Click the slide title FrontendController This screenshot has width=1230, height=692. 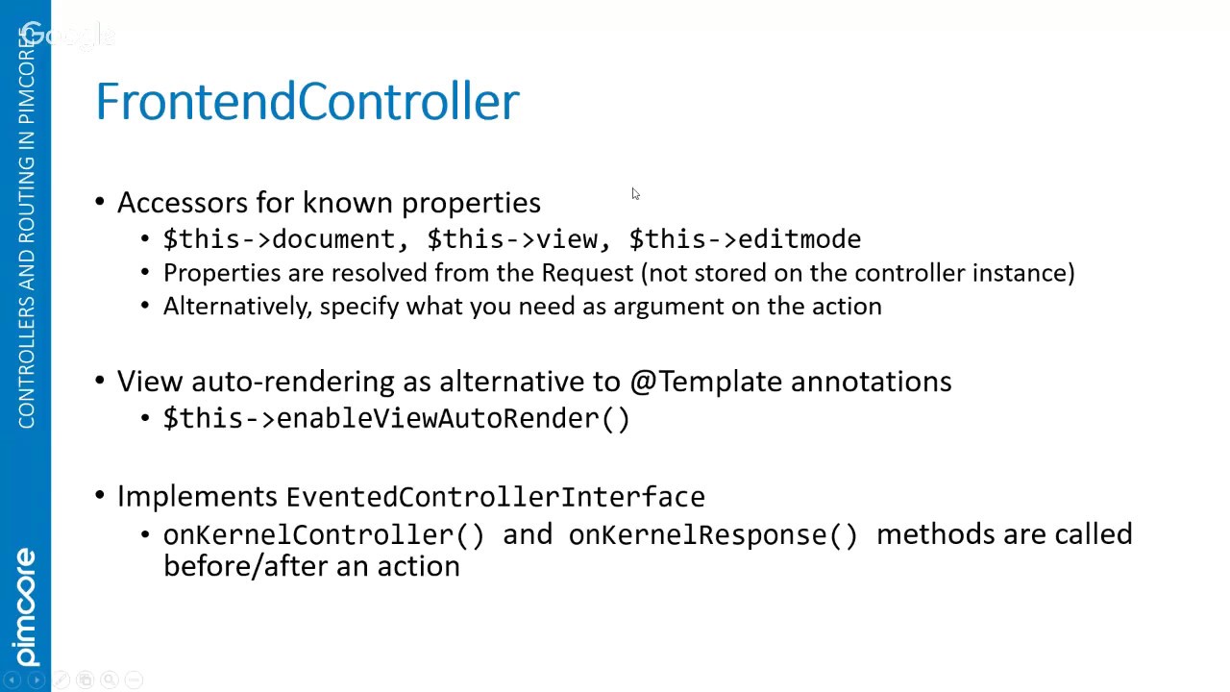tap(307, 101)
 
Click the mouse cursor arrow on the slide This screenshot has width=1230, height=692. tap(636, 194)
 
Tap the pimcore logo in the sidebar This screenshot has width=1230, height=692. tap(26, 606)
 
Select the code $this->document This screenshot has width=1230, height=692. tap(279, 239)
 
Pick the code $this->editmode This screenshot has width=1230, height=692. tap(745, 239)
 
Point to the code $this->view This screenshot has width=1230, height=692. tap(512, 239)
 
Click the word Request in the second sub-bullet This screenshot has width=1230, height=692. tap(587, 273)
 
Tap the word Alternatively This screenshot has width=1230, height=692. tap(237, 307)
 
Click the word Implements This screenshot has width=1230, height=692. tap(197, 497)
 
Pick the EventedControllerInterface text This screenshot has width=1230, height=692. tap(495, 497)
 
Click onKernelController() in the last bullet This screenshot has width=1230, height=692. tap(324, 535)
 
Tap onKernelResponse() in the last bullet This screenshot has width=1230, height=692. tap(713, 535)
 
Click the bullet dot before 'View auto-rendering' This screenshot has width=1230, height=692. tap(99, 380)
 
